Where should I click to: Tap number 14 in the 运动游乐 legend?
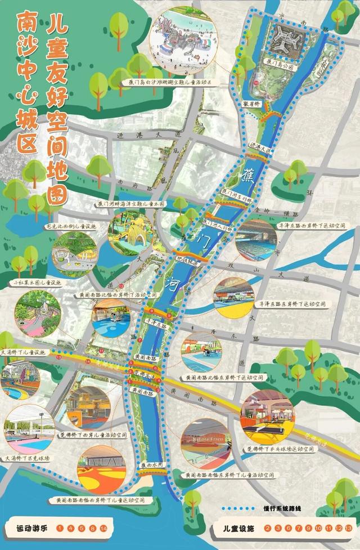tap(103, 529)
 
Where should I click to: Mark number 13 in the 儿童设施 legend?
tap(349, 529)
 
